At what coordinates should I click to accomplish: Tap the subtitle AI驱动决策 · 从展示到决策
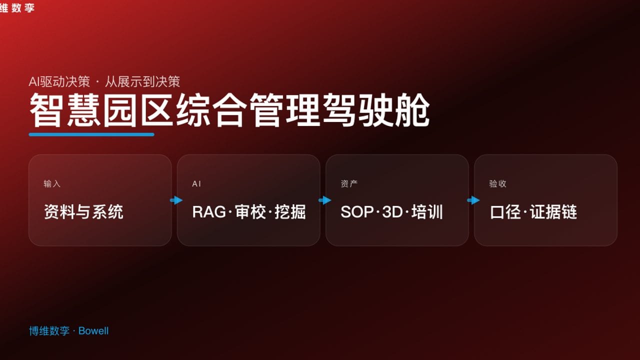pyautogui.click(x=104, y=81)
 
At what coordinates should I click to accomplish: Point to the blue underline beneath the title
pyautogui.click(x=91, y=134)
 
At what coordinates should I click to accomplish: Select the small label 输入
pyautogui.click(x=52, y=184)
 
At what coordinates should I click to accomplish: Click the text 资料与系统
pyautogui.click(x=83, y=212)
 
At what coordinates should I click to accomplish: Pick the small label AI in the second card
pyautogui.click(x=196, y=184)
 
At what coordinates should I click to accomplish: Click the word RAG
pyautogui.click(x=209, y=212)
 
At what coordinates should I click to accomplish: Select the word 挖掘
pyautogui.click(x=290, y=212)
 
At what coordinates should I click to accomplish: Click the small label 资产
pyautogui.click(x=349, y=184)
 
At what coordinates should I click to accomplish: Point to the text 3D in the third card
pyautogui.click(x=392, y=212)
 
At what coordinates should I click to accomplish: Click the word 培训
pyautogui.click(x=427, y=212)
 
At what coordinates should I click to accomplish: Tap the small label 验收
pyautogui.click(x=497, y=184)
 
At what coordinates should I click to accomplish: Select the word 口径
pyautogui.click(x=505, y=212)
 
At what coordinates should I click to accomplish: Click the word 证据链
pyautogui.click(x=553, y=212)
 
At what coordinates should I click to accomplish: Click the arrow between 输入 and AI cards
pyautogui.click(x=176, y=200)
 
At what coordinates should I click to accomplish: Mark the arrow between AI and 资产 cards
pyautogui.click(x=324, y=200)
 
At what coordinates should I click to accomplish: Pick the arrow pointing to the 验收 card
pyautogui.click(x=473, y=200)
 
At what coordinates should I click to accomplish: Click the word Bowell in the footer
pyautogui.click(x=93, y=331)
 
